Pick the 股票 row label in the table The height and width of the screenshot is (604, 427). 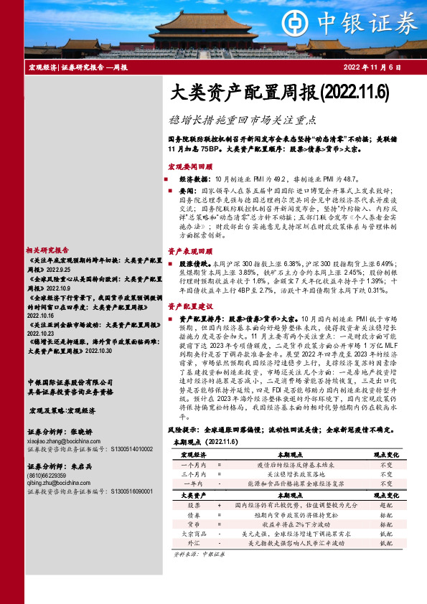[x=192, y=505]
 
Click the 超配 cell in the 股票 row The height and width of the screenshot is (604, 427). [x=385, y=505]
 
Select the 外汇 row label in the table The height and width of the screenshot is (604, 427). [x=192, y=543]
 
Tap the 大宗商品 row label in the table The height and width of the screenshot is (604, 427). [x=192, y=534]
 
